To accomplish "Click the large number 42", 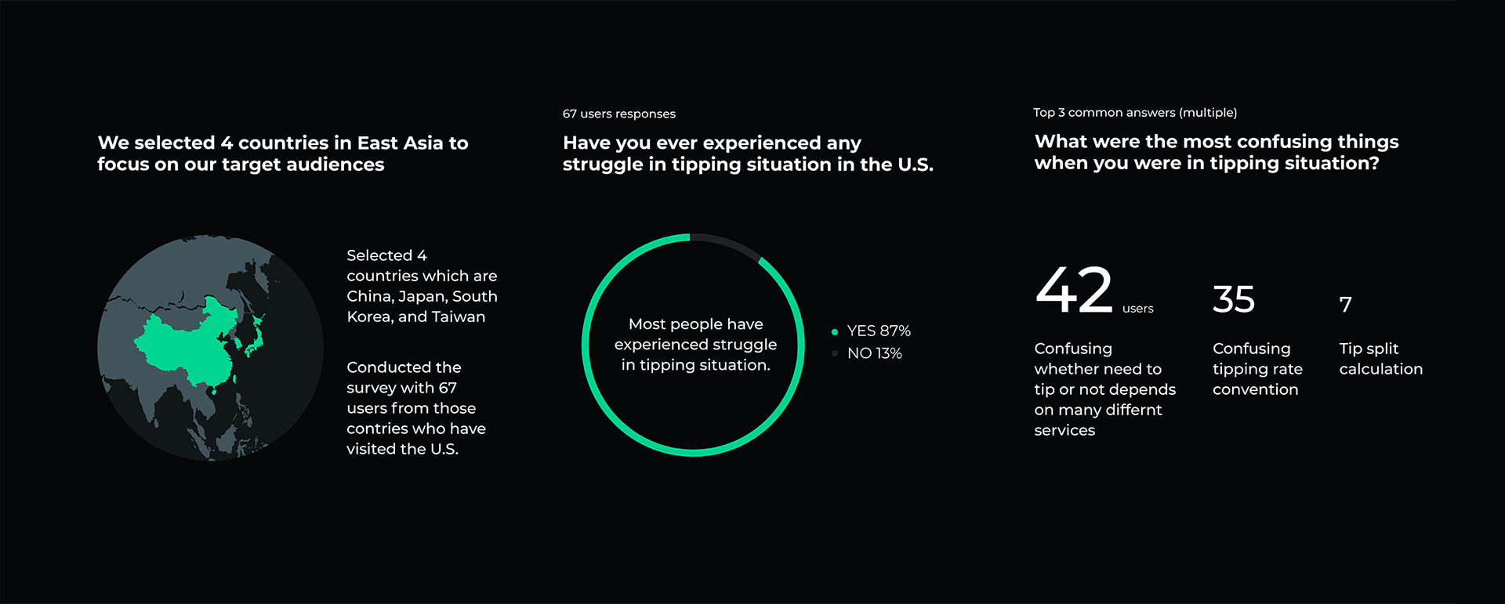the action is click(1074, 289).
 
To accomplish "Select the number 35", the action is click(1234, 299).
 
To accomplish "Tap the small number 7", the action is click(1346, 304).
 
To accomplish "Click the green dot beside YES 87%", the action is click(835, 332).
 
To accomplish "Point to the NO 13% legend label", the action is click(875, 353).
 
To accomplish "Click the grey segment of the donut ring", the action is click(727, 244).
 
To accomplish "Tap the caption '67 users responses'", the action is click(619, 114).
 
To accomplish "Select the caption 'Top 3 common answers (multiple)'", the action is click(1135, 113).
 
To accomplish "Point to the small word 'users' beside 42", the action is click(1137, 309).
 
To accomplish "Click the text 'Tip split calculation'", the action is click(1381, 359).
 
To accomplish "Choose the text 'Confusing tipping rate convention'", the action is click(1257, 369).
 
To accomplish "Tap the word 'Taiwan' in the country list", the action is click(461, 316).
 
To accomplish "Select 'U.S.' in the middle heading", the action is click(916, 165).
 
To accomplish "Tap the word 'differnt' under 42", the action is click(1133, 410).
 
